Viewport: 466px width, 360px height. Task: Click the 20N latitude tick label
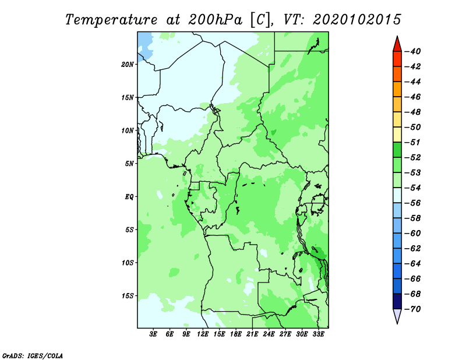tap(127, 65)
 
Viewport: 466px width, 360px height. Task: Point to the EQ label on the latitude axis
tap(129, 197)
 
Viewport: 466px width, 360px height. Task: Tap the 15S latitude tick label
tap(127, 296)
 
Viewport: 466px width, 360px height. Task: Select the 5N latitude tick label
tap(129, 164)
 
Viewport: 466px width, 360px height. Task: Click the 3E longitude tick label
tap(153, 334)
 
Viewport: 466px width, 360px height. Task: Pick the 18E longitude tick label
tap(236, 334)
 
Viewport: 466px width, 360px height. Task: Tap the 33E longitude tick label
tap(318, 334)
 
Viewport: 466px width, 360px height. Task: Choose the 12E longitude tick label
tap(203, 334)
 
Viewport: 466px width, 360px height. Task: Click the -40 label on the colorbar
tap(413, 51)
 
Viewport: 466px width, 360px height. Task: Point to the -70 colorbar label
tap(413, 309)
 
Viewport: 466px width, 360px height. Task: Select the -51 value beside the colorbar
tap(413, 142)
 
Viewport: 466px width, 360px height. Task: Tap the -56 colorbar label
tap(413, 203)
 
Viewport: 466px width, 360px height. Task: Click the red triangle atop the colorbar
tap(397, 45)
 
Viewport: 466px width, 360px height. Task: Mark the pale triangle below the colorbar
tap(397, 315)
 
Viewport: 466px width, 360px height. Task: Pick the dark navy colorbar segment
tap(397, 301)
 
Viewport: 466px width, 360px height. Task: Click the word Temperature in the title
tap(111, 20)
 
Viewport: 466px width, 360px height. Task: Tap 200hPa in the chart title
tap(215, 20)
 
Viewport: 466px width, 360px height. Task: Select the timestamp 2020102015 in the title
tap(357, 20)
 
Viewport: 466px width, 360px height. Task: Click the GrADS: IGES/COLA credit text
tap(33, 356)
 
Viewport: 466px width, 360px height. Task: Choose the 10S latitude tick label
tap(127, 263)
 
